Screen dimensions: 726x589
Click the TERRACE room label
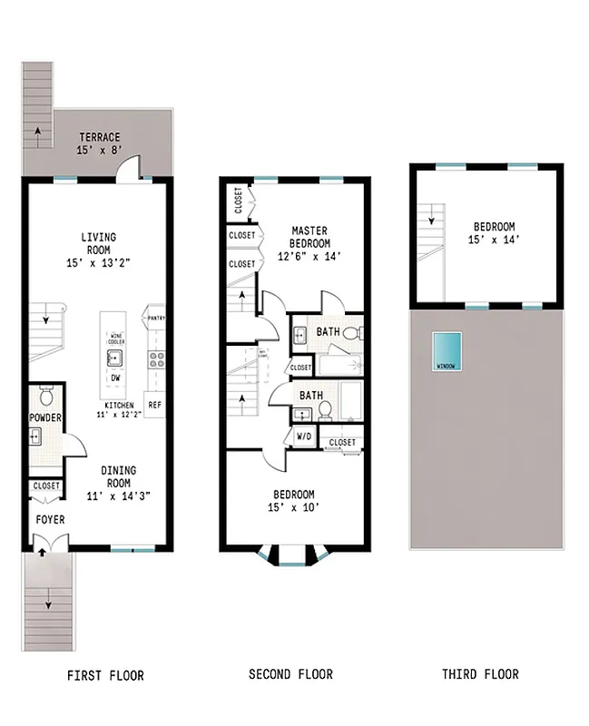pos(99,137)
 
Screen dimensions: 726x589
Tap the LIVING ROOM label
pos(99,243)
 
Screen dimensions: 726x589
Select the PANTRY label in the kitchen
pos(155,319)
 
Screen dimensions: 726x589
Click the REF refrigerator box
pos(155,405)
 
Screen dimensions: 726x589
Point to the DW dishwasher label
pos(115,378)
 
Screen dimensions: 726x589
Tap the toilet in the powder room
pos(47,396)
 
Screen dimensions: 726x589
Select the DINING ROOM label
pos(118,476)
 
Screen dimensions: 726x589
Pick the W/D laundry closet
pos(301,437)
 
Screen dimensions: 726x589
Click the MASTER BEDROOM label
pos(309,237)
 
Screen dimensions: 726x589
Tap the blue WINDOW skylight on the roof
pos(446,351)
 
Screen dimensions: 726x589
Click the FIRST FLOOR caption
pos(105,675)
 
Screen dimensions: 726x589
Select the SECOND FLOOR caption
pos(290,674)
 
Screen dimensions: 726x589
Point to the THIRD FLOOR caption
pos(480,674)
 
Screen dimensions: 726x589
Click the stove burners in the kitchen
pos(155,358)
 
